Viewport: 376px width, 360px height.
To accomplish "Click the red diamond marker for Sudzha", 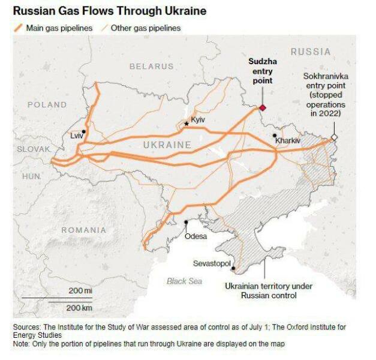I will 262,108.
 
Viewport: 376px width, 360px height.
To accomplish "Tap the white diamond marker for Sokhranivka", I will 335,137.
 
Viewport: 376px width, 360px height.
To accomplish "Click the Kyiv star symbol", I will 187,123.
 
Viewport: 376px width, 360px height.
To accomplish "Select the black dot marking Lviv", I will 85,131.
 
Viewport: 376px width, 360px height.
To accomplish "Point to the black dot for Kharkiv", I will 275,136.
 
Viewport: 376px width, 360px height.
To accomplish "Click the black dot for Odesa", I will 187,223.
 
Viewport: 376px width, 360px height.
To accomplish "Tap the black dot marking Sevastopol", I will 233,269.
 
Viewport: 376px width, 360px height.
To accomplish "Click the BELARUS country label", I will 151,67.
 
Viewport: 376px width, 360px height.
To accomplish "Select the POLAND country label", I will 47,104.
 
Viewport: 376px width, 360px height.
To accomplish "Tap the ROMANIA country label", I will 83,230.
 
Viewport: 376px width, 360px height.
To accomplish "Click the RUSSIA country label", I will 310,52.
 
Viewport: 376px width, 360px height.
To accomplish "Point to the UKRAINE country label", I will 167,145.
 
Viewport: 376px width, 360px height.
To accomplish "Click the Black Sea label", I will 184,281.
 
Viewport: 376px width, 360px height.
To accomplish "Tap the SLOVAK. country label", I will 34,149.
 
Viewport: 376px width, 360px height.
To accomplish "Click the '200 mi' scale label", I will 80,290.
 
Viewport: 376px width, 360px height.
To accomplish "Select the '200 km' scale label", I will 79,307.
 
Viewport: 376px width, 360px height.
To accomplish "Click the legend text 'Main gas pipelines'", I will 59,28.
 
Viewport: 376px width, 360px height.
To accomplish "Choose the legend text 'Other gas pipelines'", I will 146,28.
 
